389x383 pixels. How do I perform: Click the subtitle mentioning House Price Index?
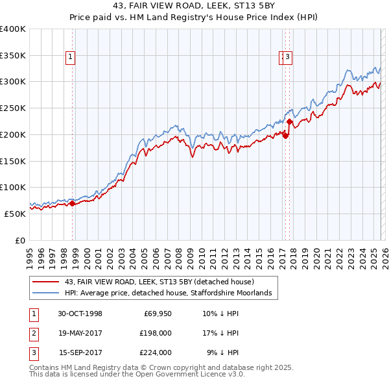[x=194, y=18]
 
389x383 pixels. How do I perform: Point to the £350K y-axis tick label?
[x=13, y=55]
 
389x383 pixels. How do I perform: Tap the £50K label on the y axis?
[x=15, y=214]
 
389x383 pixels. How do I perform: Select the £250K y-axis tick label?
[x=13, y=108]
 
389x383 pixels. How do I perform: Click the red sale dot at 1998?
[x=73, y=203]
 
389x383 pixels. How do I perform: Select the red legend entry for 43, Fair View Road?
[x=162, y=282]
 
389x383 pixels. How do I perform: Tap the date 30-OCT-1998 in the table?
[x=80, y=314]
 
